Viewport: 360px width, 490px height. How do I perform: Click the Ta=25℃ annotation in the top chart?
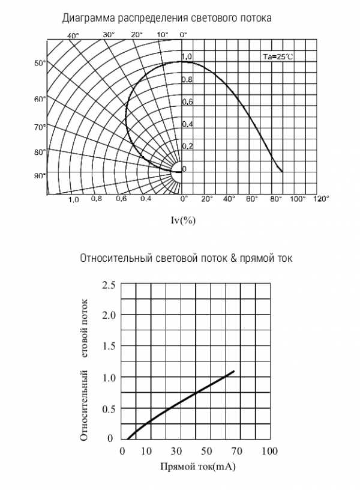point(278,57)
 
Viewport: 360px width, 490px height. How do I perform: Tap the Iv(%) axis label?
point(183,220)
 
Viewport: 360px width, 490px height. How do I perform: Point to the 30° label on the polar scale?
point(109,35)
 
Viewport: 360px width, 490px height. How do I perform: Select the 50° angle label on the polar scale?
point(40,63)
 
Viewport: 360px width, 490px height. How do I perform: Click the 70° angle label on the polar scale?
point(40,127)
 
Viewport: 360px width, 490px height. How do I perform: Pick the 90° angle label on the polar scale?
point(40,175)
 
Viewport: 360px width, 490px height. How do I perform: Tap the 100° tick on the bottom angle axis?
point(298,198)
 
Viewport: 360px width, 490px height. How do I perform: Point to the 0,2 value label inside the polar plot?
point(188,146)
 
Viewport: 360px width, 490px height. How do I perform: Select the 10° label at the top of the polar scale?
point(162,35)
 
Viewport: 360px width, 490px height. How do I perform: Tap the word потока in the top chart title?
point(256,18)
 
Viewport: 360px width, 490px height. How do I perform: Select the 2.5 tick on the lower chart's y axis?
point(109,285)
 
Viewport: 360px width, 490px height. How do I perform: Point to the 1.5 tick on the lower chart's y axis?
point(109,346)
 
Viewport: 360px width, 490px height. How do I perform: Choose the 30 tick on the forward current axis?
point(176,451)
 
